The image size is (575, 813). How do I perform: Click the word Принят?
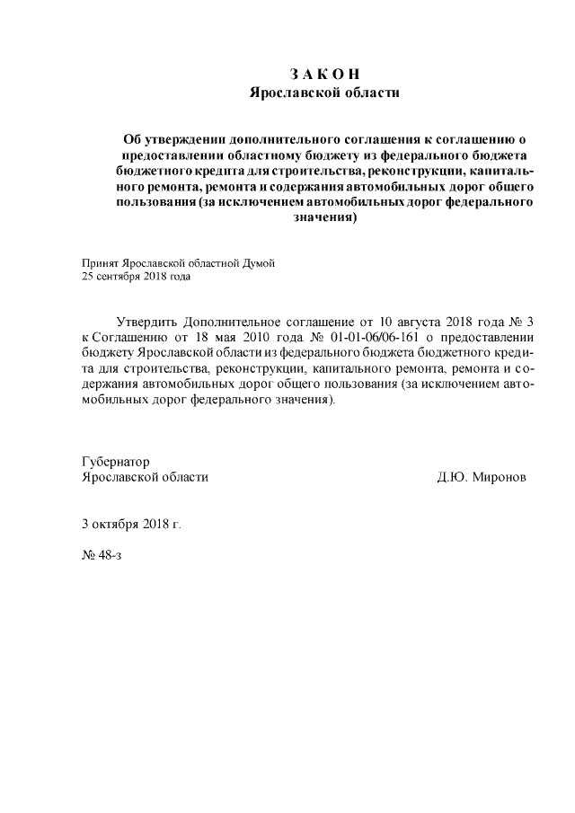pyautogui.click(x=100, y=263)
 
